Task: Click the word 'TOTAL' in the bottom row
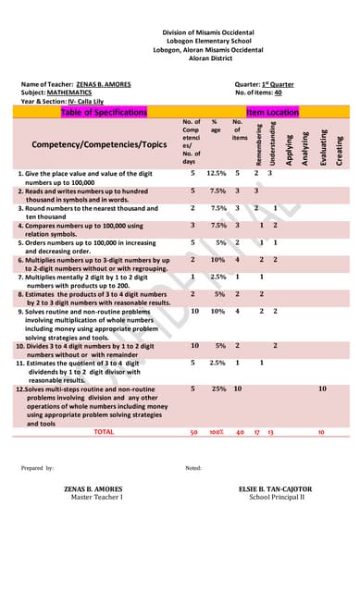point(104,432)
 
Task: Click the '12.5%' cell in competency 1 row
point(217,173)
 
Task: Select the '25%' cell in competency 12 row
point(218,389)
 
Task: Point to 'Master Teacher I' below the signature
point(97,497)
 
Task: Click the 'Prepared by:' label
point(38,468)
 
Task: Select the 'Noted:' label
point(193,468)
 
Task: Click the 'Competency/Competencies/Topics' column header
point(93,145)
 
